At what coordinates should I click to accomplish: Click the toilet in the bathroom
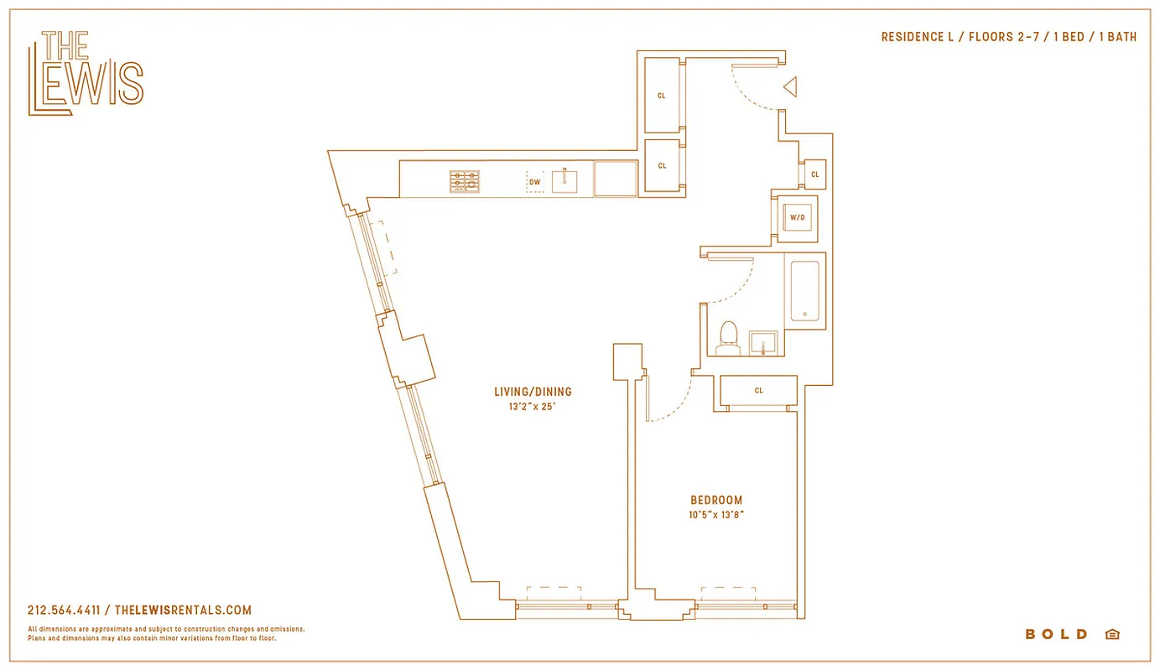(728, 335)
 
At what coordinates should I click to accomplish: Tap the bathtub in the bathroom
(805, 290)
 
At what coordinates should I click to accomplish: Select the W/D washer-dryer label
(797, 218)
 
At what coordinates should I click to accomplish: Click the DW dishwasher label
(534, 181)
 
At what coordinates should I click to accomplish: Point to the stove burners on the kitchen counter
(465, 181)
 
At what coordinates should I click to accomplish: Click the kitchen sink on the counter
(564, 180)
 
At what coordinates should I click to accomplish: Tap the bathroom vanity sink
(763, 342)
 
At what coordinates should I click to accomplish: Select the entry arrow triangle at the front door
(790, 86)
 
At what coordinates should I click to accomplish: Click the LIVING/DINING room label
(533, 392)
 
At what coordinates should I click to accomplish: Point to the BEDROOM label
(716, 500)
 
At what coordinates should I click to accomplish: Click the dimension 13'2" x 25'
(533, 407)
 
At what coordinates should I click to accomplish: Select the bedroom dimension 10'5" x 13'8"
(716, 515)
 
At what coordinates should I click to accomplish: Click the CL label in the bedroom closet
(758, 391)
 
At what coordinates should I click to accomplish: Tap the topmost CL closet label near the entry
(662, 96)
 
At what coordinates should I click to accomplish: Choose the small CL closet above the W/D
(814, 174)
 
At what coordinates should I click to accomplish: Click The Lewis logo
(86, 73)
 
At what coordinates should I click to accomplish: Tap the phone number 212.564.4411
(64, 611)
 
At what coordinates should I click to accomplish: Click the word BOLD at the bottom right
(1056, 634)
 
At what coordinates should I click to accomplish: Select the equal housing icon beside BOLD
(1112, 634)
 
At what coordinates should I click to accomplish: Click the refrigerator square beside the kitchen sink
(616, 179)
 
